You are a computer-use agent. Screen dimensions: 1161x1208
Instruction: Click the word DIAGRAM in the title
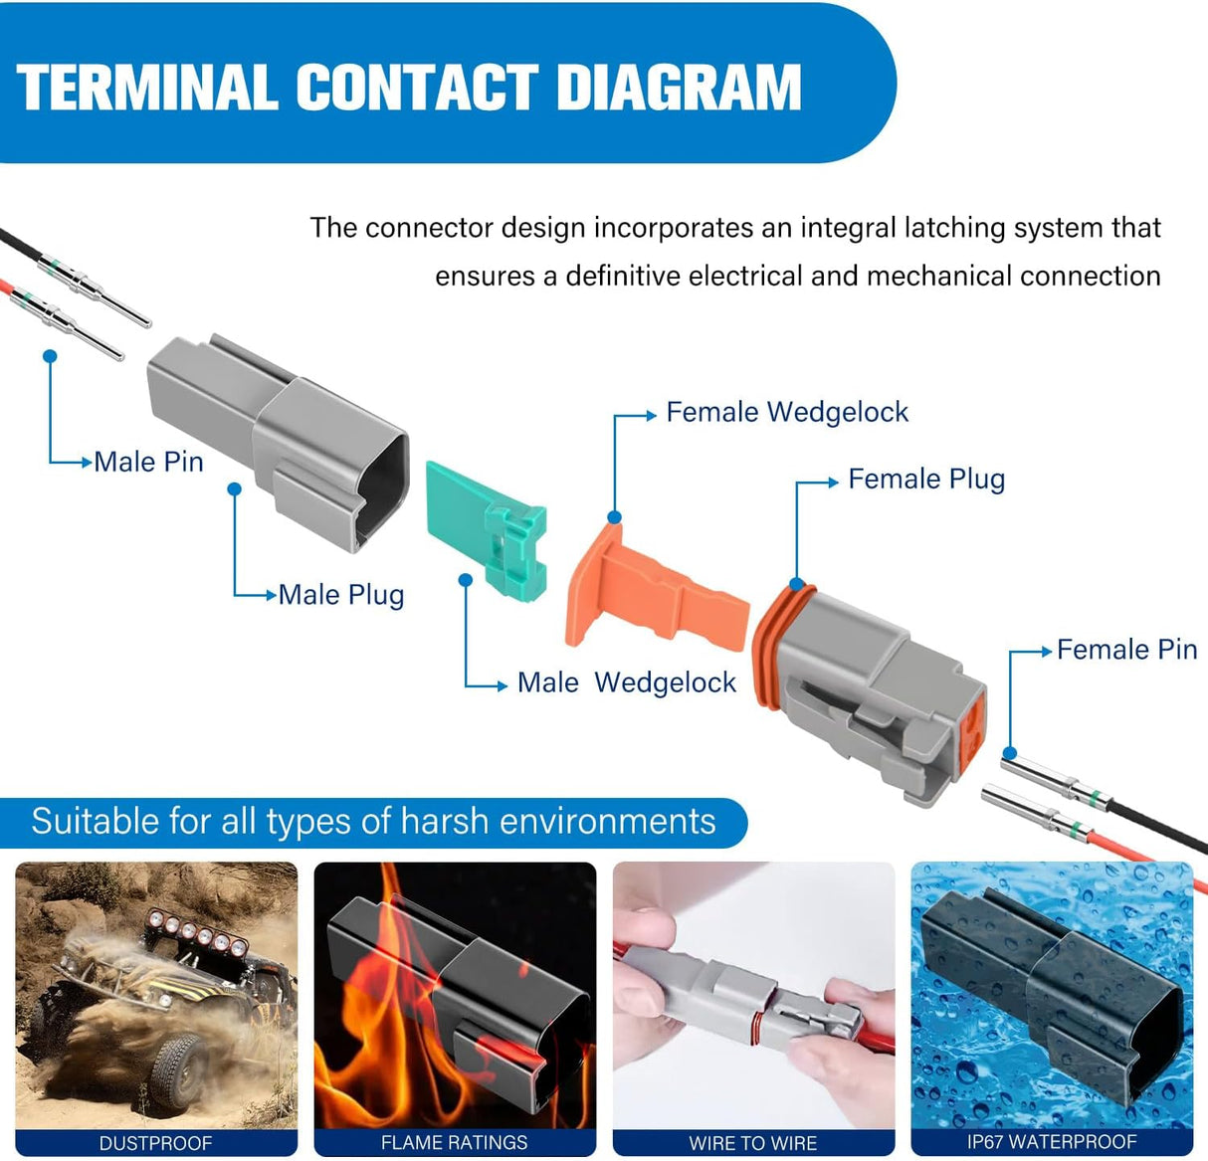(679, 87)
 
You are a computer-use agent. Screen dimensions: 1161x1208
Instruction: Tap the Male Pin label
(148, 462)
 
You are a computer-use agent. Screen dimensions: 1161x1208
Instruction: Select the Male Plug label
(340, 595)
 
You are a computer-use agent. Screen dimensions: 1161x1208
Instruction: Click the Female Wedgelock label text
(786, 412)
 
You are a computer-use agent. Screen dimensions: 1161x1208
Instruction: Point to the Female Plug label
(925, 480)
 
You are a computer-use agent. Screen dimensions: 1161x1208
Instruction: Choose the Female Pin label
(1125, 650)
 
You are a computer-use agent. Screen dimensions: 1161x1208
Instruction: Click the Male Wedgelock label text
(626, 682)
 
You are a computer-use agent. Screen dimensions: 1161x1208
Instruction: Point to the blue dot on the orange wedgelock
(615, 517)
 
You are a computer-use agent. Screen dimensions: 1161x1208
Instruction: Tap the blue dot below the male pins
(50, 355)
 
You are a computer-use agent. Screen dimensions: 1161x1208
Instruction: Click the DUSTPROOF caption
(155, 1143)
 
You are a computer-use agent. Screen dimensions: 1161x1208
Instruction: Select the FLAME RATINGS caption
(454, 1143)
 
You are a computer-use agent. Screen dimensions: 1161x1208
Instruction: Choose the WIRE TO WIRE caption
(752, 1143)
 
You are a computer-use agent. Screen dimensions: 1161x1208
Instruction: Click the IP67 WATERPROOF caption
(1051, 1142)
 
